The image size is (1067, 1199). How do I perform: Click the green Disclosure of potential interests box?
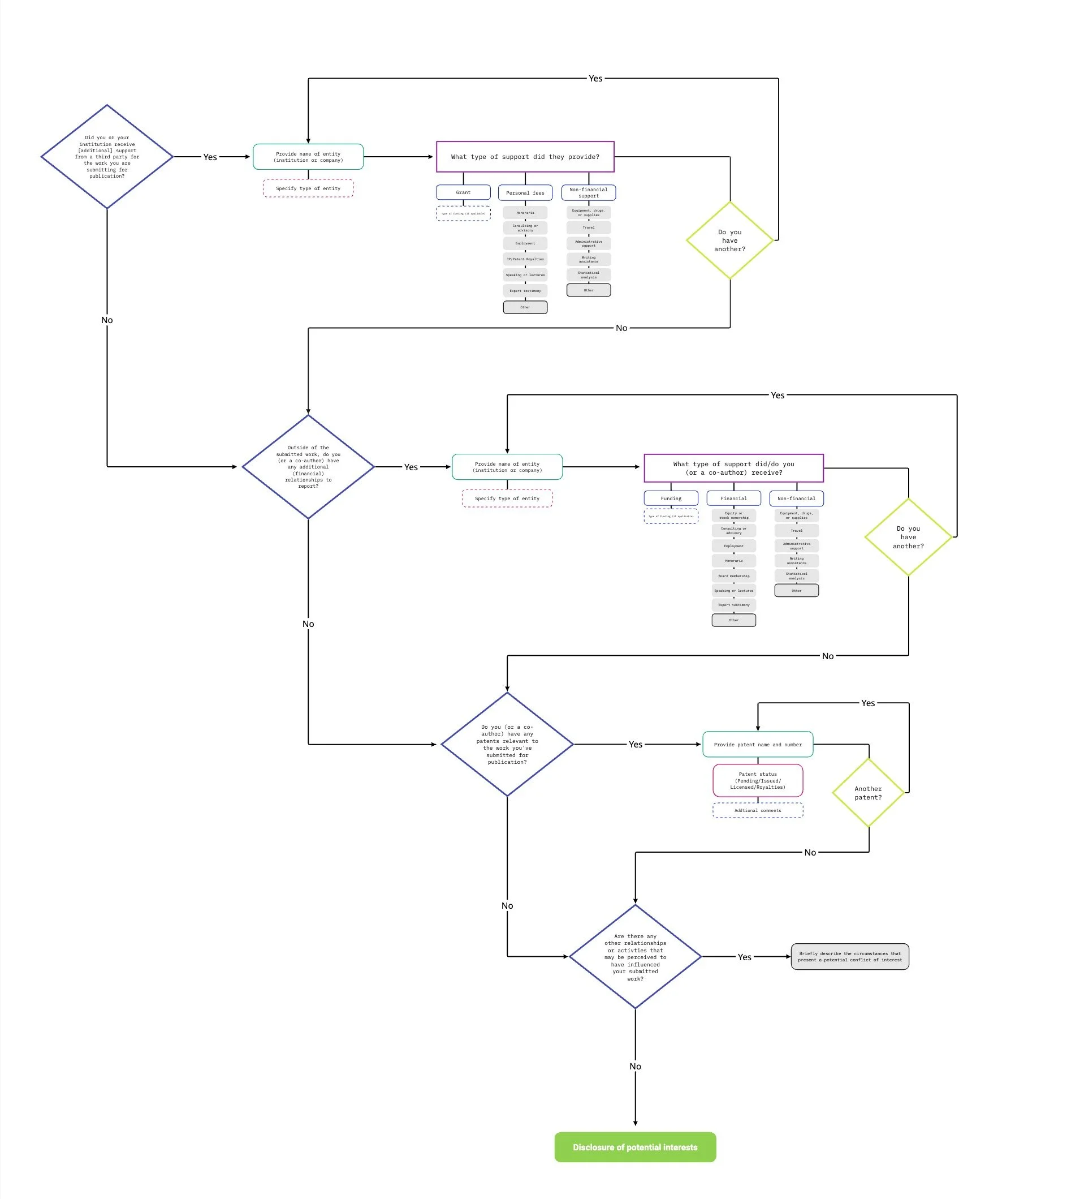coord(635,1147)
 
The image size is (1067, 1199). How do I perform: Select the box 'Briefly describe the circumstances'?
coord(849,957)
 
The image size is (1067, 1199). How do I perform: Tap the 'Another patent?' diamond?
coord(869,793)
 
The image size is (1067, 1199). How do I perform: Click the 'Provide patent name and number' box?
coord(758,745)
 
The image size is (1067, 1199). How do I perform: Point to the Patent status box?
coord(758,780)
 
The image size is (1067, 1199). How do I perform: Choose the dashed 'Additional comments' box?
coord(758,810)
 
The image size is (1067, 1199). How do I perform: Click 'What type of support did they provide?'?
coord(525,157)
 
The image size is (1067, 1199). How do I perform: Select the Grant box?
coord(463,192)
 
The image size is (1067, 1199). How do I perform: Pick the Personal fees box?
coord(525,192)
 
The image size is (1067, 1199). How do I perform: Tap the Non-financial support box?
coord(589,192)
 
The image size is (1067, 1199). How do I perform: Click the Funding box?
coord(671,498)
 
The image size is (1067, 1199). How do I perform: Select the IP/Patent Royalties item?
coord(525,259)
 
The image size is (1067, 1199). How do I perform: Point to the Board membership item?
coord(733,575)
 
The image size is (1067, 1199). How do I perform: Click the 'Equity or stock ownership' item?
coord(733,515)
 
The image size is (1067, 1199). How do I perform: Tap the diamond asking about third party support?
coord(107,157)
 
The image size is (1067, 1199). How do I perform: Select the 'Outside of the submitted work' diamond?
coord(308,467)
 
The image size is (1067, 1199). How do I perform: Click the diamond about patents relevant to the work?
coord(507,745)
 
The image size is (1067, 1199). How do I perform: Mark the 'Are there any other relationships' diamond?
coord(635,957)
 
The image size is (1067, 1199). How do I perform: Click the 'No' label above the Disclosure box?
coord(635,1067)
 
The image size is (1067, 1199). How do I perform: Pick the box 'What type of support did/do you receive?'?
coord(733,468)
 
